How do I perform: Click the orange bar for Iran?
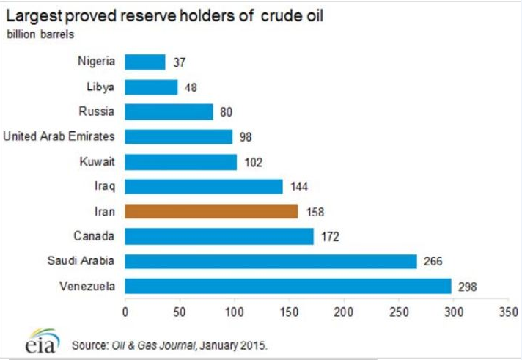[211, 211]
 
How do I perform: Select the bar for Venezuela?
[287, 286]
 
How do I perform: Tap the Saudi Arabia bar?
[271, 261]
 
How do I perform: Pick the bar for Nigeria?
[145, 62]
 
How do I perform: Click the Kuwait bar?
[180, 162]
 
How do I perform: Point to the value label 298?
[467, 287]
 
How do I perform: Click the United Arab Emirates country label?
[59, 136]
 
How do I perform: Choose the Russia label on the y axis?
[96, 111]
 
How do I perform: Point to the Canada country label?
[94, 236]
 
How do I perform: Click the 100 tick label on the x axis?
[235, 312]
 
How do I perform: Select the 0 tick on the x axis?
[125, 312]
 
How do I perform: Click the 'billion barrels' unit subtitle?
[40, 34]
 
